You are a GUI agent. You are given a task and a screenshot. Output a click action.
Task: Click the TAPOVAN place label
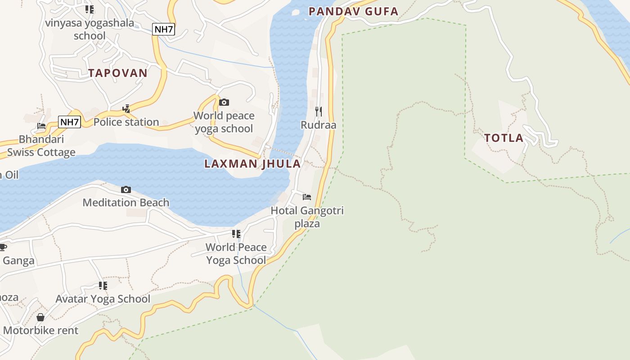tap(118, 73)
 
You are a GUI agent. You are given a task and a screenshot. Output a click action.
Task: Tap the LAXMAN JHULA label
tap(252, 163)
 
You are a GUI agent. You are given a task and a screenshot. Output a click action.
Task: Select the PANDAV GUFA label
tap(354, 11)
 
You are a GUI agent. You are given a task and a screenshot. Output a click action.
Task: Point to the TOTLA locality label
tap(504, 138)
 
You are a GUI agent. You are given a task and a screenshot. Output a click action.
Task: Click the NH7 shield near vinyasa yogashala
tap(163, 29)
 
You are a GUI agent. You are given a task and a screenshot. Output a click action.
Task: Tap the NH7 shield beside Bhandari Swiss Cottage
tap(70, 121)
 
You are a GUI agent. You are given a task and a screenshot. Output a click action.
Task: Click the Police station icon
tap(126, 108)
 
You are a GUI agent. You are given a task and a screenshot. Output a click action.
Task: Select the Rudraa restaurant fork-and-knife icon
tap(319, 111)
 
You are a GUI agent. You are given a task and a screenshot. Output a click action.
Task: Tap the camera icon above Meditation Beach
tap(126, 189)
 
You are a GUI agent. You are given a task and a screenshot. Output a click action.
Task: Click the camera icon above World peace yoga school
tap(224, 102)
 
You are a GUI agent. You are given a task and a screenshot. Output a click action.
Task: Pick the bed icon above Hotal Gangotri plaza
tap(307, 197)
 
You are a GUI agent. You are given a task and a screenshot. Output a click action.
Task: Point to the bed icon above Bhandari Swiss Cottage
tap(41, 126)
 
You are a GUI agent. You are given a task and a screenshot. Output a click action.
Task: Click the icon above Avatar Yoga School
tap(103, 285)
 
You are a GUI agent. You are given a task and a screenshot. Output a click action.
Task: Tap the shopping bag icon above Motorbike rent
tap(40, 317)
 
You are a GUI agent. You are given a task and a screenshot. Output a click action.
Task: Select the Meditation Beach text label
tap(126, 202)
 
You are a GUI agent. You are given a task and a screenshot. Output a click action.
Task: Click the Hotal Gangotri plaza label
tap(307, 217)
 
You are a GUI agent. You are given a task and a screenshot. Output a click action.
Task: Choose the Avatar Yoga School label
tap(103, 299)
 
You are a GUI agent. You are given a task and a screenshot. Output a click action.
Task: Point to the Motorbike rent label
tap(40, 330)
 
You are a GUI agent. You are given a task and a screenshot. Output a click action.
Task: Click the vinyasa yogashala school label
tap(90, 29)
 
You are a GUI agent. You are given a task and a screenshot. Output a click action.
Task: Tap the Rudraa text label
tap(319, 125)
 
